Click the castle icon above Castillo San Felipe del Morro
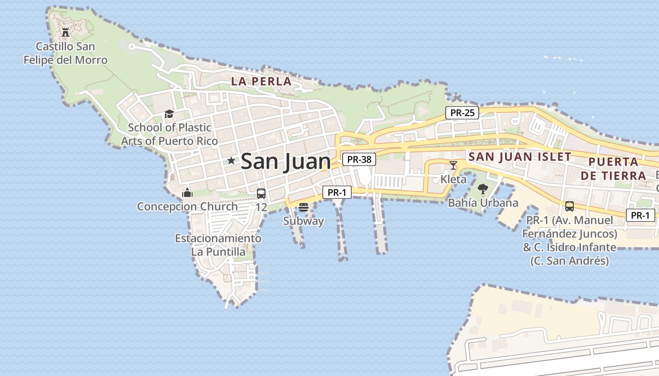65,32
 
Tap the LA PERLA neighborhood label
261,81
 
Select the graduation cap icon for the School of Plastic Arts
169,114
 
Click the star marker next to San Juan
231,161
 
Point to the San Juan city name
286,162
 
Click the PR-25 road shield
462,113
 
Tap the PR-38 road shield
359,159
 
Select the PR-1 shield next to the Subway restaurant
337,192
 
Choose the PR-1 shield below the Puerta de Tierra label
641,215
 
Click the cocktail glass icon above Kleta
453,165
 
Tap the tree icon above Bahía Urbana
482,189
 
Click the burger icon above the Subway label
304,207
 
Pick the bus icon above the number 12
261,193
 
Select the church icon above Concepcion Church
187,193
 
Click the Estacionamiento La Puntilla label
218,245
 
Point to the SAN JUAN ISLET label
520,157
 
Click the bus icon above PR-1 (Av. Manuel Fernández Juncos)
569,206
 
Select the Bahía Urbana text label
483,203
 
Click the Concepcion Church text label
187,206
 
